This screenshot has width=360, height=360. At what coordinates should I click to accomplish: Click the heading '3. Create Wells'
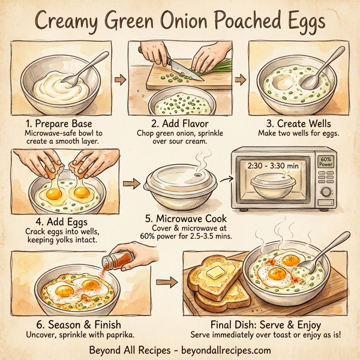click(x=293, y=123)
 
